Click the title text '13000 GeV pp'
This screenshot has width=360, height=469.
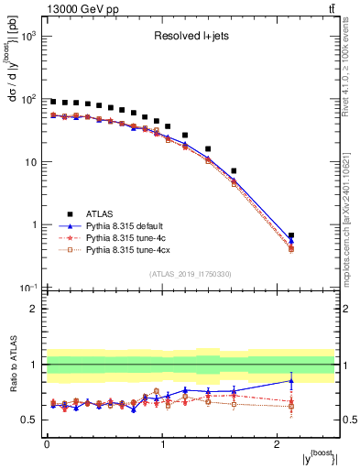coord(75,8)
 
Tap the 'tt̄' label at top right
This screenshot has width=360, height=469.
coord(330,8)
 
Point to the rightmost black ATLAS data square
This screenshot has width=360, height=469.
coord(291,235)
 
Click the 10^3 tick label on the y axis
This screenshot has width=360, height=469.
coord(28,37)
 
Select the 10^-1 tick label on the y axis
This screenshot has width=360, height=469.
coord(28,288)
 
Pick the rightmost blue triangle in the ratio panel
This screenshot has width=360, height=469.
coord(291,380)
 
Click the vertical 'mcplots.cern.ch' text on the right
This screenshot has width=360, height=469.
coord(353,211)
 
